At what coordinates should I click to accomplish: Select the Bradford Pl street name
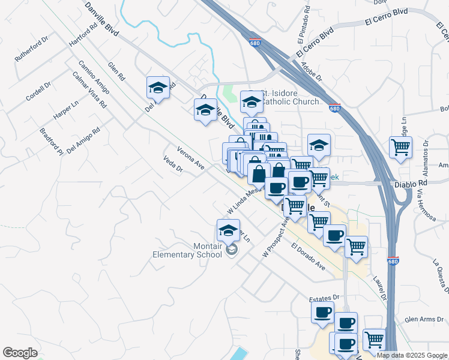pos(52,140)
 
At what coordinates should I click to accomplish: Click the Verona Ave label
pos(191,157)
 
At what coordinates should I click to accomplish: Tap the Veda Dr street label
pos(173,165)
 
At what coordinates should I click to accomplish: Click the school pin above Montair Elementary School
pos(228,230)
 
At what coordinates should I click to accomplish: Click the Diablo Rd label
pos(410,184)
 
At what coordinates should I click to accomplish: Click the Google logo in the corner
pos(20,353)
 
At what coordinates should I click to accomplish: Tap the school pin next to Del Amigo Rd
pos(158,88)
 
